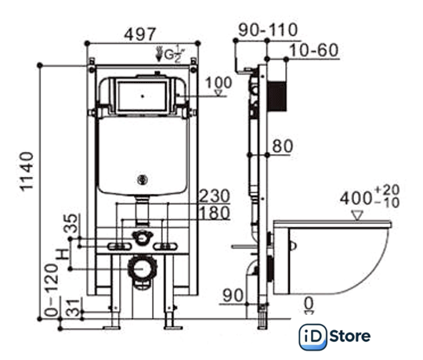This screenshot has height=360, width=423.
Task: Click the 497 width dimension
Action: (x=140, y=34)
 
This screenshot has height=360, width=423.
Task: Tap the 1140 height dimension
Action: (x=27, y=171)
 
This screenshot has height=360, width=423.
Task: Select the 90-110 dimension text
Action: (x=268, y=30)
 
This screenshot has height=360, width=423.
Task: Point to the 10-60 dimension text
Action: (x=314, y=50)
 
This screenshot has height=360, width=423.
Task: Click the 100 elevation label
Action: (x=219, y=83)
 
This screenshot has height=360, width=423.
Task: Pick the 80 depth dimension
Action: (x=283, y=146)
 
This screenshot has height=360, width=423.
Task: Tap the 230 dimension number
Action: (x=215, y=196)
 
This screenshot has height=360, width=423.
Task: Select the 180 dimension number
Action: (x=215, y=213)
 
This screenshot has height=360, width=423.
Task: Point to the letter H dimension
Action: (x=63, y=254)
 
